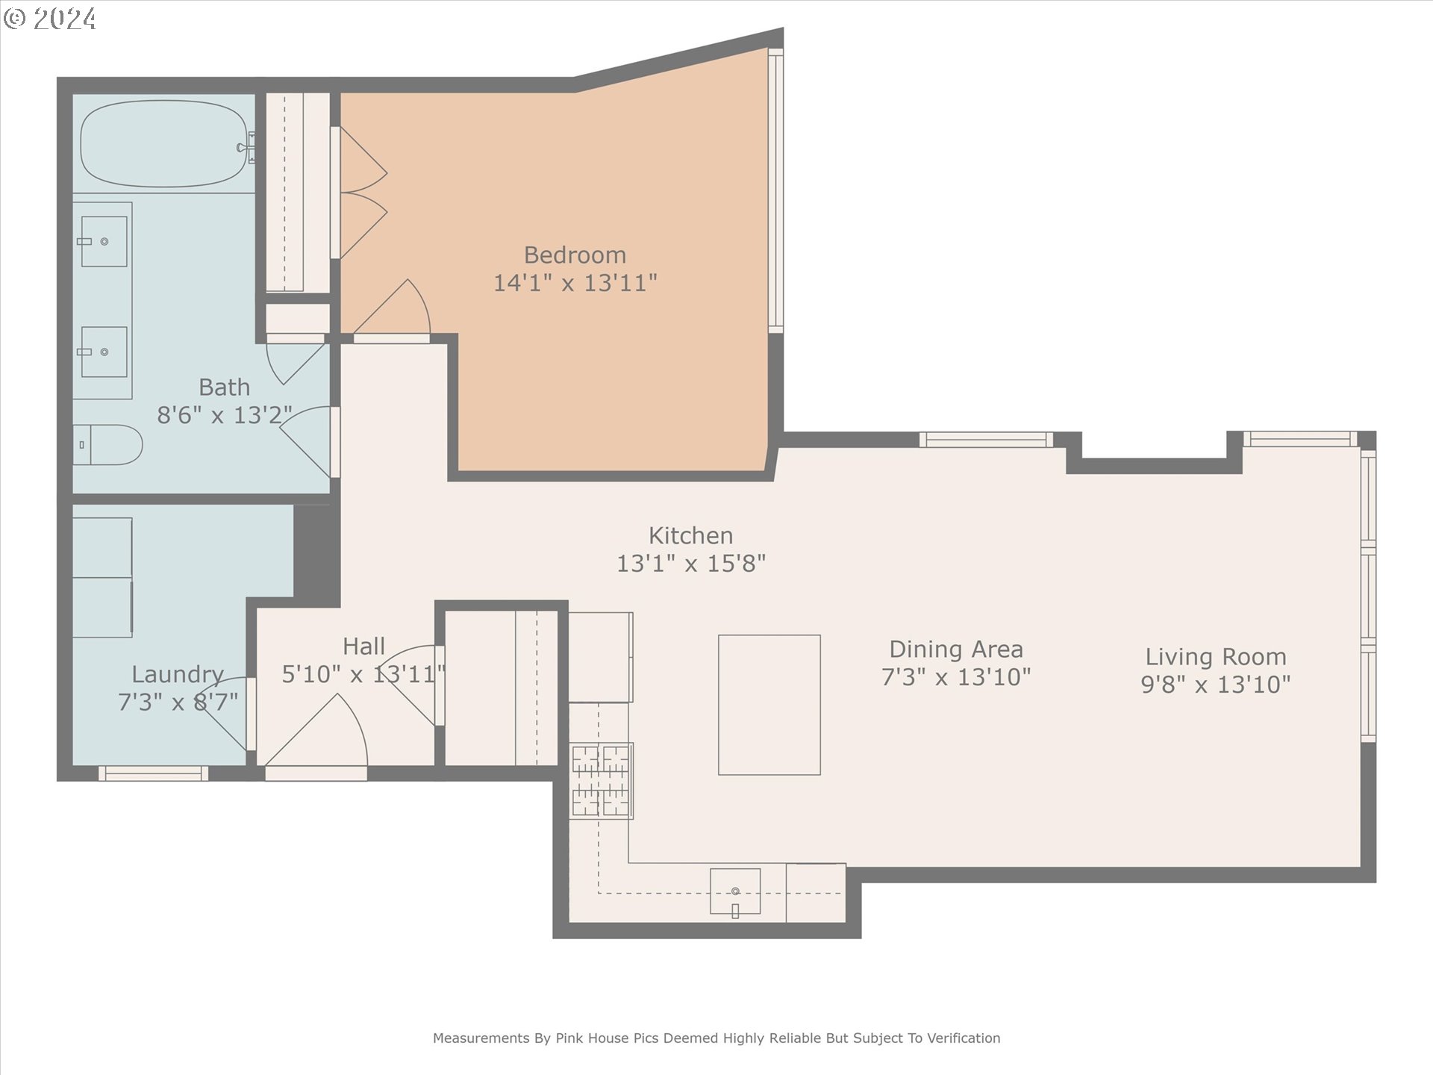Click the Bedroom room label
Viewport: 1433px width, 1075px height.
[x=575, y=255]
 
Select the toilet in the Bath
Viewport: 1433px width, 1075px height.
[x=107, y=445]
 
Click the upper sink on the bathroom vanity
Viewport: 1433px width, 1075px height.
[x=104, y=241]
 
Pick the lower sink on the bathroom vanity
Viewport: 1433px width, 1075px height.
[x=104, y=352]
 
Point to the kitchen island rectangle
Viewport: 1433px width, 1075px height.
[x=769, y=705]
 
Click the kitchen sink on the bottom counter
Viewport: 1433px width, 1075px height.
[x=735, y=891]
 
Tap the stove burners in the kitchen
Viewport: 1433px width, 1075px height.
[x=601, y=781]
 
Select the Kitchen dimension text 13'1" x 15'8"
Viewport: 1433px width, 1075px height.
[x=691, y=564]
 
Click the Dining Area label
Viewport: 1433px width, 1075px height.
[x=956, y=649]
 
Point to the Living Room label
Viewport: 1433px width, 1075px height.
[x=1216, y=657]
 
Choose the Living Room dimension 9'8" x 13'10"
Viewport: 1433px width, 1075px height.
[x=1216, y=685]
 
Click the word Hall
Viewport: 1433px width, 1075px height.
[x=364, y=646]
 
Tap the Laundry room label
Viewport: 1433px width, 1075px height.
[x=178, y=675]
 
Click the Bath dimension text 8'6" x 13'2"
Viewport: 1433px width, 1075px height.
[x=225, y=415]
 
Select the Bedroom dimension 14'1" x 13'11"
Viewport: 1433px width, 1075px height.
[x=575, y=283]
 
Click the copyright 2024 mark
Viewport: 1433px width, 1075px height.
[x=50, y=19]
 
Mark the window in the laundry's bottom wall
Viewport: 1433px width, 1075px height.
[x=153, y=773]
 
